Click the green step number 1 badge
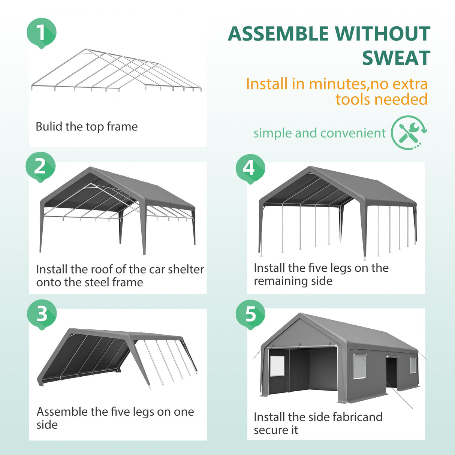click(41, 33)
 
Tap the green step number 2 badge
click(40, 166)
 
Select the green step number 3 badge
click(42, 314)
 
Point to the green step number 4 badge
click(250, 168)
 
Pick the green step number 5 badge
click(250, 314)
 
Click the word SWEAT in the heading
click(396, 58)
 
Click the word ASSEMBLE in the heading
click(278, 34)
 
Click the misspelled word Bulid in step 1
click(49, 127)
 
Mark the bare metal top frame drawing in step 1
click(116, 71)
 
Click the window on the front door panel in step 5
click(277, 366)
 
